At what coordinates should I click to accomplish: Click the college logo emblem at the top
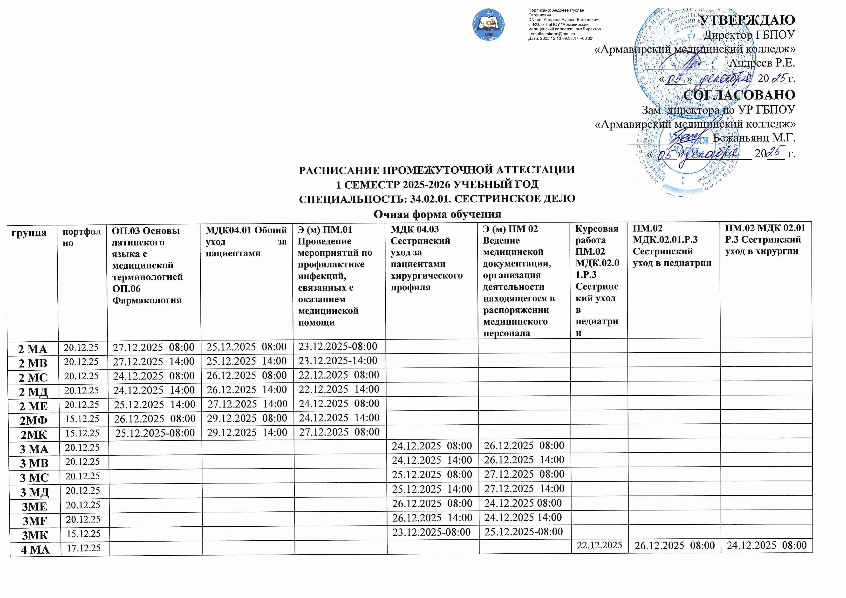click(489, 25)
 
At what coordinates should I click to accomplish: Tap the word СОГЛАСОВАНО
click(739, 95)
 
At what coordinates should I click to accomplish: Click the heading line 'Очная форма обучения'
click(437, 214)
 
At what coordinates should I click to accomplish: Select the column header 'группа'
click(29, 233)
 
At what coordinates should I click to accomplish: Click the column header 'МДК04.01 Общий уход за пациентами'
click(246, 242)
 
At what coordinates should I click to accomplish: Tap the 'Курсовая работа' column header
click(597, 234)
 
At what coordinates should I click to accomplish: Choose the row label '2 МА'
click(33, 349)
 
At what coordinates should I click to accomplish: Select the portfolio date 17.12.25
click(84, 548)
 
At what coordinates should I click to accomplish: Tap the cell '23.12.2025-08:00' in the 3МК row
click(431, 532)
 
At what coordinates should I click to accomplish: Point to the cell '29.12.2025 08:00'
click(247, 418)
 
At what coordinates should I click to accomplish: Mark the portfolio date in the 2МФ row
click(82, 419)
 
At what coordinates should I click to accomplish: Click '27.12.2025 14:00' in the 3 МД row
click(524, 489)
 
